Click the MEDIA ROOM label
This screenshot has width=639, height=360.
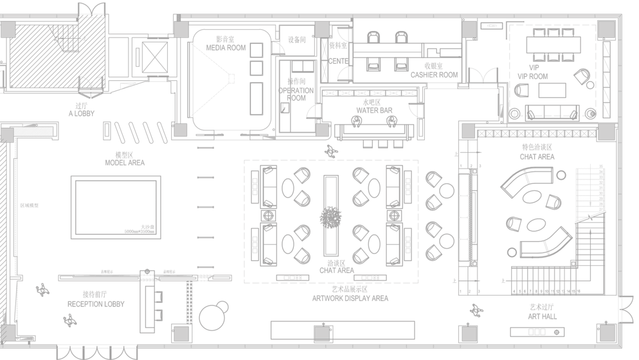tap(225, 48)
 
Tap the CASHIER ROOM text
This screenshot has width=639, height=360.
tap(434, 75)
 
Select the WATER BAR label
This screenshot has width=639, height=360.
tap(374, 111)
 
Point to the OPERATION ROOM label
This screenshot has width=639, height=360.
tap(296, 94)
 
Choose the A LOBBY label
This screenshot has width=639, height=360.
tap(82, 113)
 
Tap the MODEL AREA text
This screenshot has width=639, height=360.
tap(124, 162)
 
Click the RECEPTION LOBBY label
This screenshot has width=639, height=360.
tap(96, 303)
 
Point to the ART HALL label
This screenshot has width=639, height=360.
tap(542, 317)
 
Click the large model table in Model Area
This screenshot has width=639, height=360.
tap(116, 207)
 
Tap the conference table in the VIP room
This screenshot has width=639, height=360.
tap(553, 44)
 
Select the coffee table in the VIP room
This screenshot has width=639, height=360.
tap(553, 90)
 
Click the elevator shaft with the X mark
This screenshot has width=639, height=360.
tap(155, 58)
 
